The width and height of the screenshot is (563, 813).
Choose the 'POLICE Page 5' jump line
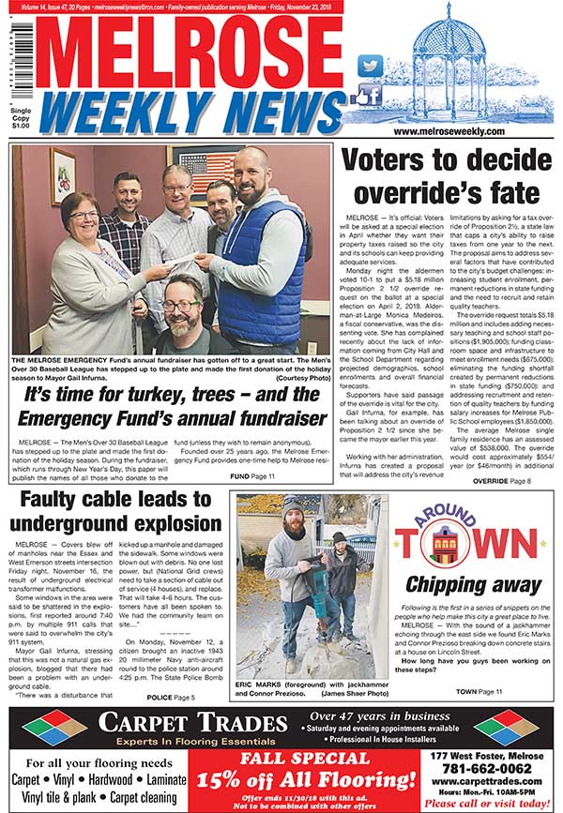coord(171,698)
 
